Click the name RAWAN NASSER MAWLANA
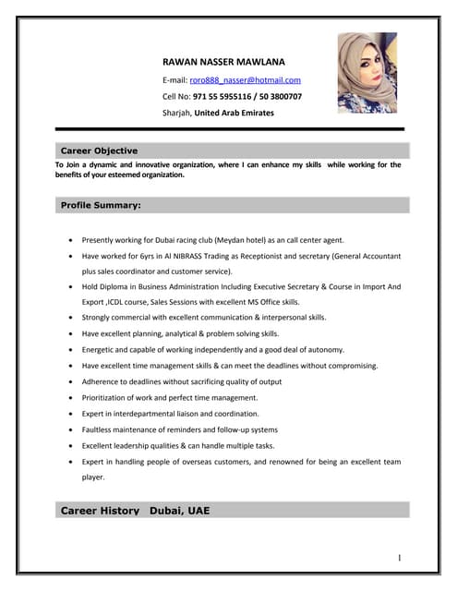223,62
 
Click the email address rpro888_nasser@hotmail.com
246,80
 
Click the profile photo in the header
367,72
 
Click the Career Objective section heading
99,151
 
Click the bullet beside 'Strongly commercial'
72,318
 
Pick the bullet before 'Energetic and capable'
72,350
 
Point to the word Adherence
102,381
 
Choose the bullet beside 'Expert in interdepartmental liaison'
72,414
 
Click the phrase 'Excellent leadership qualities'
134,445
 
